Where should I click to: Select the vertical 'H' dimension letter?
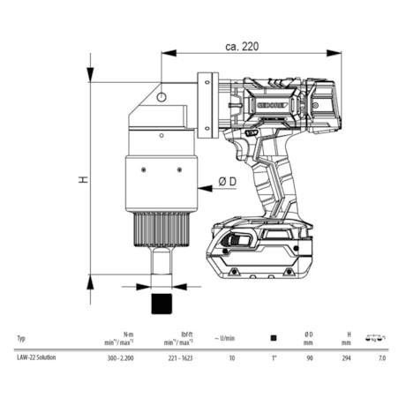click(x=82, y=178)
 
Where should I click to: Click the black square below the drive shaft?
click(x=161, y=302)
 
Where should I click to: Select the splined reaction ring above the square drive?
click(x=160, y=231)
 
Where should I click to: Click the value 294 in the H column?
click(x=346, y=358)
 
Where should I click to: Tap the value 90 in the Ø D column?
click(x=309, y=358)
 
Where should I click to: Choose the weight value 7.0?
click(x=380, y=358)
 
